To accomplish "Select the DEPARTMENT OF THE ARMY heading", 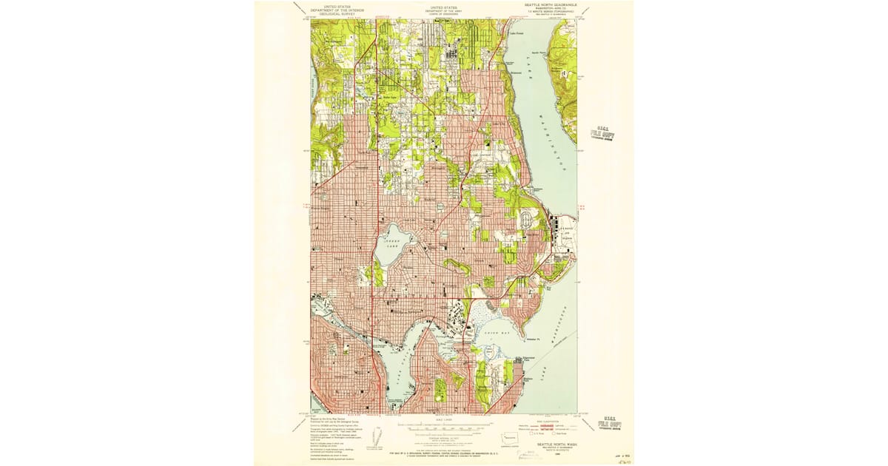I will pos(443,10).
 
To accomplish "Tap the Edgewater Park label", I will pos(523,361).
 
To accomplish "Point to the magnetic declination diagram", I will pos(379,436).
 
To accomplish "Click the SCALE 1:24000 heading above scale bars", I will pos(443,419).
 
